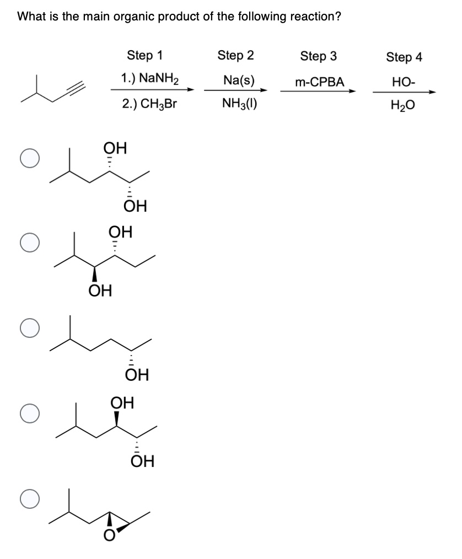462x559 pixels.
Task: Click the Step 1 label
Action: pyautogui.click(x=145, y=55)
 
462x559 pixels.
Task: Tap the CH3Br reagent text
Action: pyautogui.click(x=150, y=104)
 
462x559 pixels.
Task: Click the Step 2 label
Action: pyautogui.click(x=236, y=55)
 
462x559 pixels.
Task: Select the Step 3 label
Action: pyautogui.click(x=318, y=56)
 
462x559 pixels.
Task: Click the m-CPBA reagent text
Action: pyautogui.click(x=319, y=82)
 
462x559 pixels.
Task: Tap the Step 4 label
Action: pyautogui.click(x=404, y=57)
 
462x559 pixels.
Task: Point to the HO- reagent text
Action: pyautogui.click(x=404, y=82)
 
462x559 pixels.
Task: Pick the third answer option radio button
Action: pyautogui.click(x=28, y=328)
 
